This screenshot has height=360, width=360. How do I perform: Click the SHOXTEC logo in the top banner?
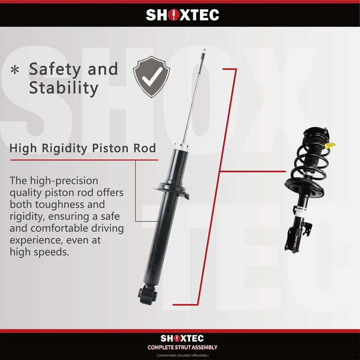point(182,15)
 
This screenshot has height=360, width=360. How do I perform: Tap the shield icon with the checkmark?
point(151,77)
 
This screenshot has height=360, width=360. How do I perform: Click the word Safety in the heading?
point(51,69)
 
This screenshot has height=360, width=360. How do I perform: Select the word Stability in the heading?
point(63,88)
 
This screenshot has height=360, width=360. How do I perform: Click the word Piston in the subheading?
point(112,149)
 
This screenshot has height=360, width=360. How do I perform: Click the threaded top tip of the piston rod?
point(204,52)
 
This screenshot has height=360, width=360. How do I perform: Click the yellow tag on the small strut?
point(331,146)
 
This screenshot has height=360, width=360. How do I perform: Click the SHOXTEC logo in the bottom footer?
point(182,338)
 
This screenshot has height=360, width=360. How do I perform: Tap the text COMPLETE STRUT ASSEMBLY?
point(182,347)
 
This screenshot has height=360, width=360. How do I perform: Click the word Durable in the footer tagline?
point(182,355)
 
